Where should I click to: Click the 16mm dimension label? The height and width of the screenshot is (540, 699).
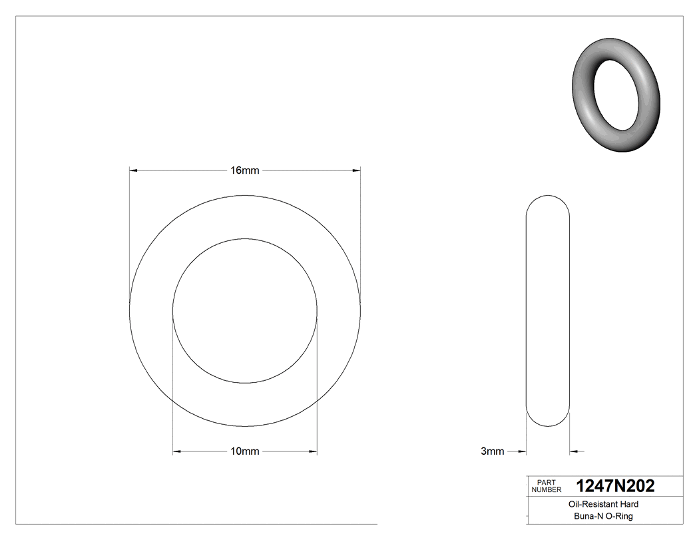pyautogui.click(x=244, y=170)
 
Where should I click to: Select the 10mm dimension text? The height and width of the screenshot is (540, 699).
pyautogui.click(x=244, y=451)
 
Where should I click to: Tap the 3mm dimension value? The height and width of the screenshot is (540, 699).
pyautogui.click(x=493, y=451)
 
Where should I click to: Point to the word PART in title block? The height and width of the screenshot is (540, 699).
pyautogui.click(x=546, y=482)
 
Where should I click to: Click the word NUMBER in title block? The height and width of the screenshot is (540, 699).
pyautogui.click(x=547, y=489)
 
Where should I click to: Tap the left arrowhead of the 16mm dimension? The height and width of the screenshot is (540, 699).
pyautogui.click(x=133, y=171)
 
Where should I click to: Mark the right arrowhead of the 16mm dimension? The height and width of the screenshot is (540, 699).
pyautogui.click(x=356, y=171)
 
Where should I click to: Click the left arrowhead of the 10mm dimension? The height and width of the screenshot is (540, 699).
pyautogui.click(x=177, y=452)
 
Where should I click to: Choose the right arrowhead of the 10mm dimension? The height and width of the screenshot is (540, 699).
pyautogui.click(x=313, y=452)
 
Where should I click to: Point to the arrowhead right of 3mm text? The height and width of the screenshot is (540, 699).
pyautogui.click(x=522, y=452)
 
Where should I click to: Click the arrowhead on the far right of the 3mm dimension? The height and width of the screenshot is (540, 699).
pyautogui.click(x=575, y=452)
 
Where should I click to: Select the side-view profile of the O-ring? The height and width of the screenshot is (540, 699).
pyautogui.click(x=548, y=311)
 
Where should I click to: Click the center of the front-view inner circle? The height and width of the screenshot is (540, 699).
pyautogui.click(x=245, y=311)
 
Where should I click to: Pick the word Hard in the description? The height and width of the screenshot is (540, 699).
pyautogui.click(x=629, y=505)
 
